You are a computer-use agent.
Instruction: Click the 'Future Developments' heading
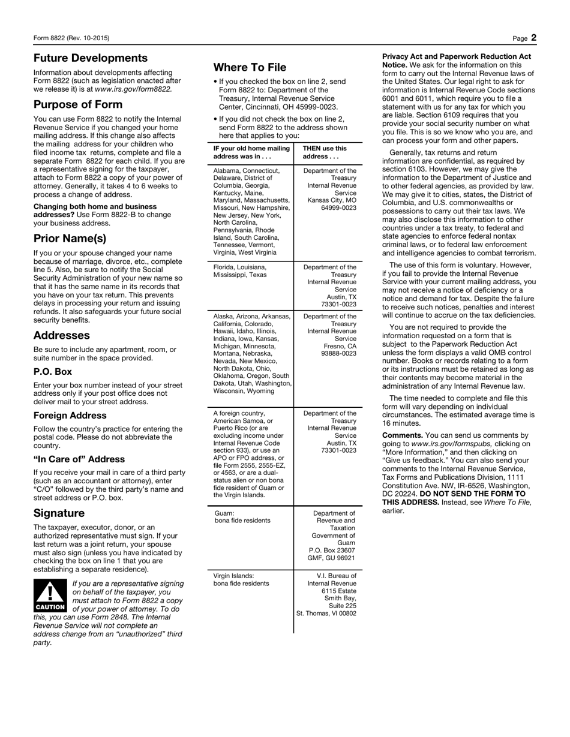point(91,58)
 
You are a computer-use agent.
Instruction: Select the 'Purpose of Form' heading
point(78,104)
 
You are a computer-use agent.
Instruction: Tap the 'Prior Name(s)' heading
point(70,238)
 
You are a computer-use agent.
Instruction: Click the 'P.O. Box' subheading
point(53,372)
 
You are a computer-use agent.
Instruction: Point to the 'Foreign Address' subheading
point(70,416)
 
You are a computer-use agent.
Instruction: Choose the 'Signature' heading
point(59,513)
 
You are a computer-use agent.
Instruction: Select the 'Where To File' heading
point(250,67)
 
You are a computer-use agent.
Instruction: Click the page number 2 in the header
point(533,38)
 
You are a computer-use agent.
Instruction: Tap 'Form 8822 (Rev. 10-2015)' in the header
point(71,38)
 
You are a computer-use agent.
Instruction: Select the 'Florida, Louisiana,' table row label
point(240,267)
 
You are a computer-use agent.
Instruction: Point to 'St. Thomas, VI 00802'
point(326,613)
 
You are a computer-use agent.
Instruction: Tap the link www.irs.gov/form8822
point(133,89)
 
